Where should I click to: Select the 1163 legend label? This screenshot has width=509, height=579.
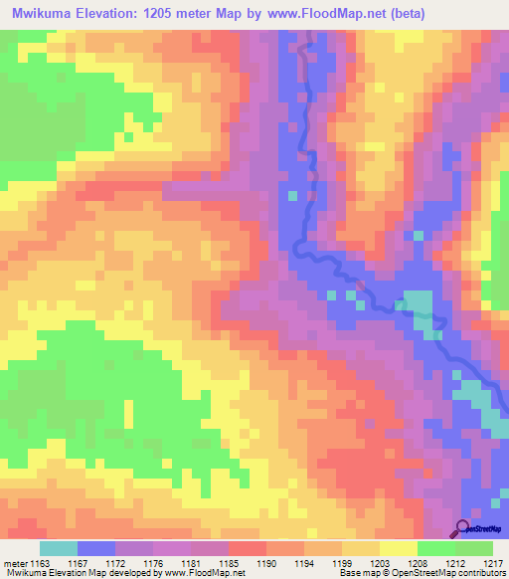point(41,564)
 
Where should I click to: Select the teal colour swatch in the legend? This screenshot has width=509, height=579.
point(59,548)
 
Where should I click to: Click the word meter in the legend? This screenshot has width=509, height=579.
point(14,564)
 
